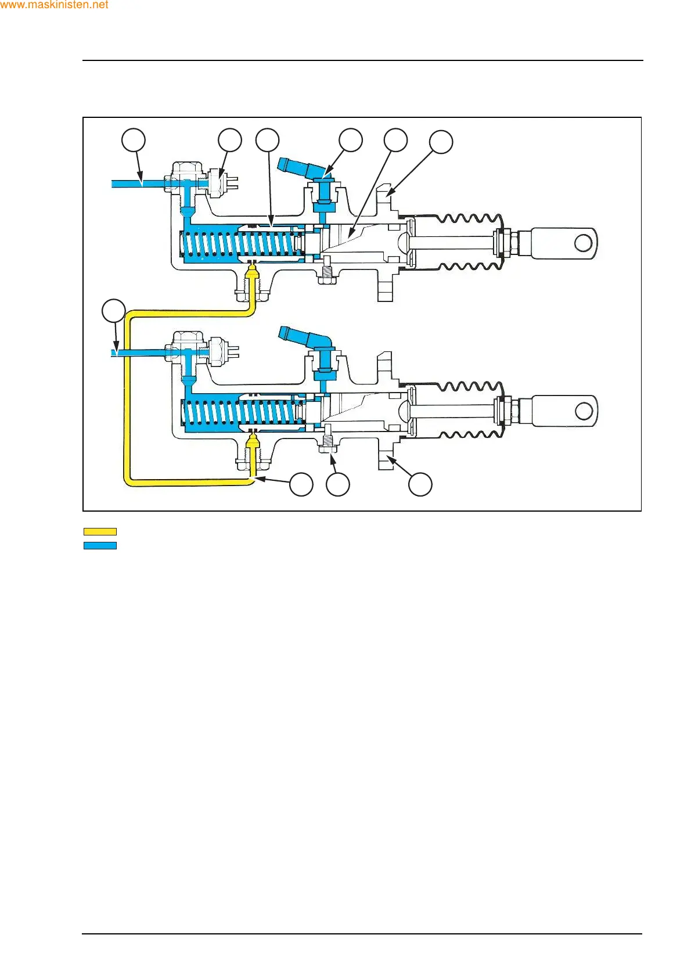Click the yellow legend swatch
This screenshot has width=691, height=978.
tap(100, 531)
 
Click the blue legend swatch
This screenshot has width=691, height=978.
tap(100, 545)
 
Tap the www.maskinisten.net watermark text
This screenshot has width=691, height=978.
tap(54, 5)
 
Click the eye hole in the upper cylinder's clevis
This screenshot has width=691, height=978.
tap(583, 243)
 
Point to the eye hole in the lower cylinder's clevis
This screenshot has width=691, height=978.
tap(584, 411)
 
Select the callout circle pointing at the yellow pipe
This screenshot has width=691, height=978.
tap(301, 484)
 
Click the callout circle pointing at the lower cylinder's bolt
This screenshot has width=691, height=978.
tap(338, 484)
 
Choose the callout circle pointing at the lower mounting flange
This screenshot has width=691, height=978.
tap(420, 484)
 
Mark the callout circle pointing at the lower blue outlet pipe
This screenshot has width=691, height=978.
tap(114, 311)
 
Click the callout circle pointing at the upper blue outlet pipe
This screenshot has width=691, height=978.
tap(134, 140)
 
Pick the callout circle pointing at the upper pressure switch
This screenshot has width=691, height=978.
tap(230, 140)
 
